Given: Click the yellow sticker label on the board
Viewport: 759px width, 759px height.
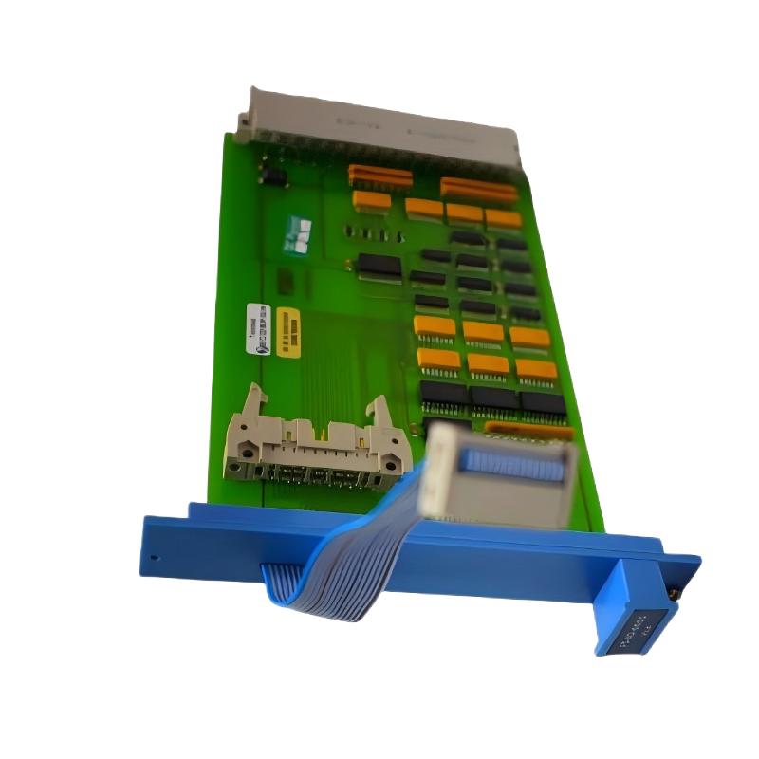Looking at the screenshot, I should (288, 331).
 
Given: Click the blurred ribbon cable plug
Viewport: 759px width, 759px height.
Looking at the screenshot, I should (498, 473).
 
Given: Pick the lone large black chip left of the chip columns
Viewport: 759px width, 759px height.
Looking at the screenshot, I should (379, 267).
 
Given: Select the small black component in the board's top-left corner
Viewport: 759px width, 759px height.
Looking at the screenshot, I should (272, 176).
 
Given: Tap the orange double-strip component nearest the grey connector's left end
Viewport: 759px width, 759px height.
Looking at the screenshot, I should (379, 176).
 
